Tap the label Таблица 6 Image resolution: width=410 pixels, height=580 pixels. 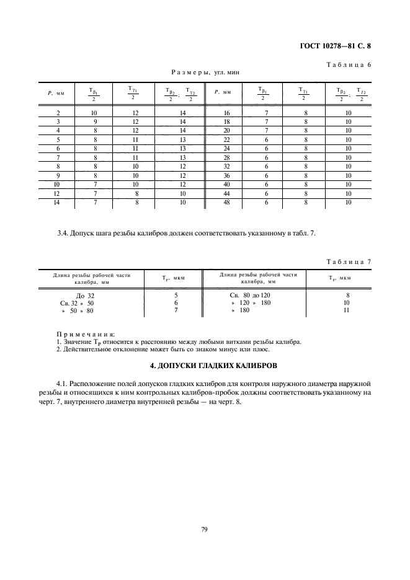tap(348, 64)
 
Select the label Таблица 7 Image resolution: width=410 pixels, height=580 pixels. tap(348, 261)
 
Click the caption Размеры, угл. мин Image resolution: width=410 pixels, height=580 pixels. tap(205, 72)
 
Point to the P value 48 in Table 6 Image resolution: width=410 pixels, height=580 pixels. tap(226, 202)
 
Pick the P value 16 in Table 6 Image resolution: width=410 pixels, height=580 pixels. tap(226, 113)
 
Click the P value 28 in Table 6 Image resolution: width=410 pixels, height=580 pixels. tap(226, 157)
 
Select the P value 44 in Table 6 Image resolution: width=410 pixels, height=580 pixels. tap(226, 193)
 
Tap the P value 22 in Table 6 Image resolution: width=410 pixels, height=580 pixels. tap(226, 140)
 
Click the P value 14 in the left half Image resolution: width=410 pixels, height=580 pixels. tap(58, 202)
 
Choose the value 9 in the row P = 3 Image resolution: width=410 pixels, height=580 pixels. tap(94, 122)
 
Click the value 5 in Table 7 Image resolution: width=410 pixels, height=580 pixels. tap(176, 296)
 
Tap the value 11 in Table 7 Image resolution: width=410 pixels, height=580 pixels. tap(347, 310)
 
